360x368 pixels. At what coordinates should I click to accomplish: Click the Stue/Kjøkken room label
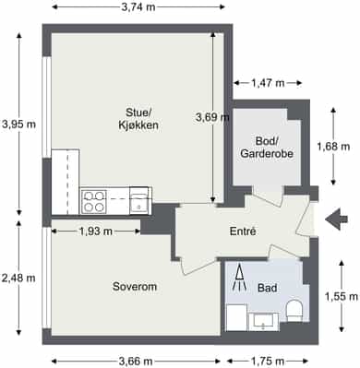pos(138,119)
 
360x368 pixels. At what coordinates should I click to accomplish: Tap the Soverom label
pos(135,287)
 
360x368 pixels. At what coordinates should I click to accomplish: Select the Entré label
pos(243,231)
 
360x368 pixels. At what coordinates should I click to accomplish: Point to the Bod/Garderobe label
pos(267,148)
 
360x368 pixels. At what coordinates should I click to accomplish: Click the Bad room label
pos(267,288)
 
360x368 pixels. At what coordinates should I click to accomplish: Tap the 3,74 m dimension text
pos(138,7)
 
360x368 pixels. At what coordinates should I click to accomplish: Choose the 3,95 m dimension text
pos(18,125)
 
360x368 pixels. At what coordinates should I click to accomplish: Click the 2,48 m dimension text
pos(18,279)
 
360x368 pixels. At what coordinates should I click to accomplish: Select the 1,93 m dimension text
pos(96,231)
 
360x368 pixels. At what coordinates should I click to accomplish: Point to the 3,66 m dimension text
pos(136,361)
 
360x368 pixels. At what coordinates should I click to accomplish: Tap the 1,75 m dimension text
pos(268,361)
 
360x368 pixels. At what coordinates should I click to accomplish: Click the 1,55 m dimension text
pos(342,296)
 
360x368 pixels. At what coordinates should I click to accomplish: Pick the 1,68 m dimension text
pos(333,147)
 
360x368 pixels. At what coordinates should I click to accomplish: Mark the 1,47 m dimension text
pos(268,83)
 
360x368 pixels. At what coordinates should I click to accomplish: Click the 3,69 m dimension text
pos(212,117)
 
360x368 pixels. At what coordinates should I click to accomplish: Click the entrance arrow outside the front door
pos(336,220)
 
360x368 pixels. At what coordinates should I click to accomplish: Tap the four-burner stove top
pos(94,201)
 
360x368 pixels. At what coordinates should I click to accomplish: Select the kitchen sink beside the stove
pos(140,201)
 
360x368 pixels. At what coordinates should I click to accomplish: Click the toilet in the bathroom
pos(294,311)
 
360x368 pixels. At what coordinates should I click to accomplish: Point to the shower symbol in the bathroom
pos(239,277)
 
